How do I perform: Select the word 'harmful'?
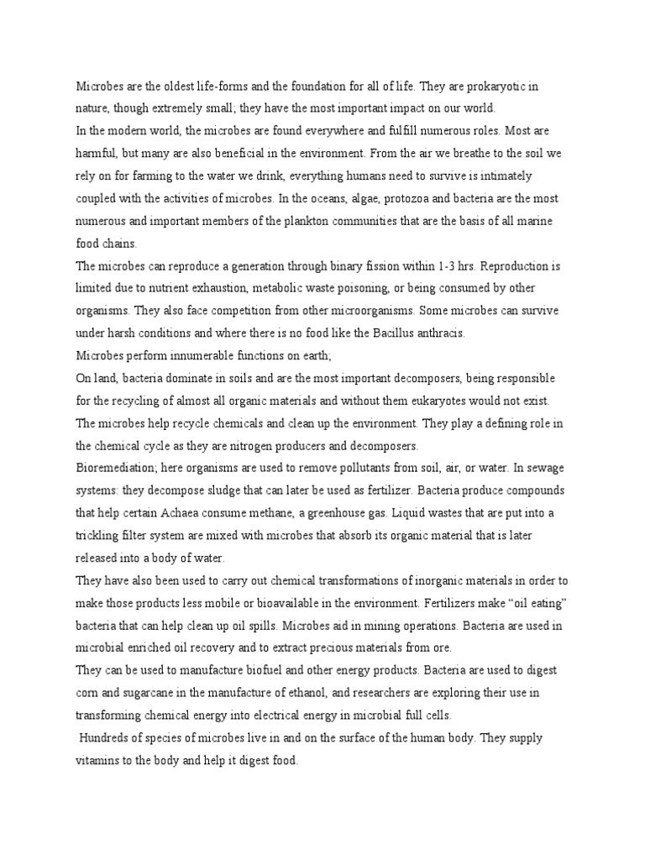click(95, 154)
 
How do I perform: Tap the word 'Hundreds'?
click(107, 736)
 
